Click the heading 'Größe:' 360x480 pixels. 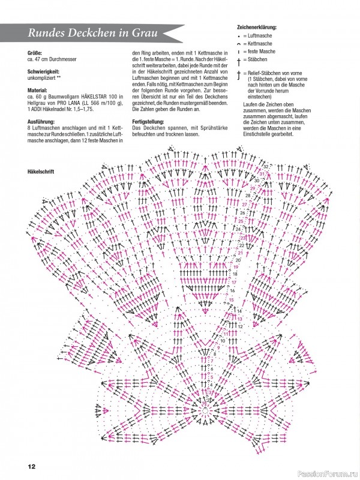tap(35, 53)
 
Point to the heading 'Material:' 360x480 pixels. tap(38, 90)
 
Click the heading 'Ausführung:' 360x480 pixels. tap(41, 121)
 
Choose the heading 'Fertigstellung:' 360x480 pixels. tap(148, 121)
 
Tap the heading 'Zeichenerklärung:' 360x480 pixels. tap(261, 28)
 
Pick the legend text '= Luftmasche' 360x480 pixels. tap(262, 36)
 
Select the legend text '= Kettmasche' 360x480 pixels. tap(262, 44)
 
